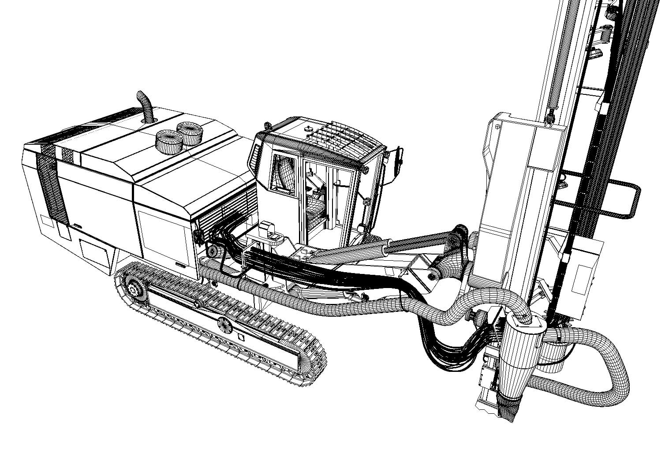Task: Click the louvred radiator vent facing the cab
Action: pos(225,212)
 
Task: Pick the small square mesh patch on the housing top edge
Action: pos(67,154)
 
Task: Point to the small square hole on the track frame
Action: pos(240,337)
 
